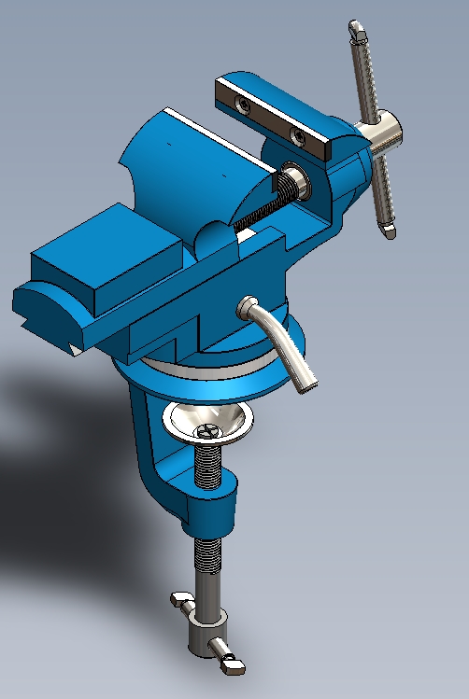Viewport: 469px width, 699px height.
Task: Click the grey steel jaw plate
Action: (272, 113)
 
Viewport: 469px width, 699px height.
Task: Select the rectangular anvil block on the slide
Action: (107, 263)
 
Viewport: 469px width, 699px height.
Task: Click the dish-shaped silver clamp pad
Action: (207, 424)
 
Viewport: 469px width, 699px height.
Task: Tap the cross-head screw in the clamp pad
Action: (208, 431)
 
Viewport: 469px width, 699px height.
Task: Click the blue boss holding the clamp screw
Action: (212, 508)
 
